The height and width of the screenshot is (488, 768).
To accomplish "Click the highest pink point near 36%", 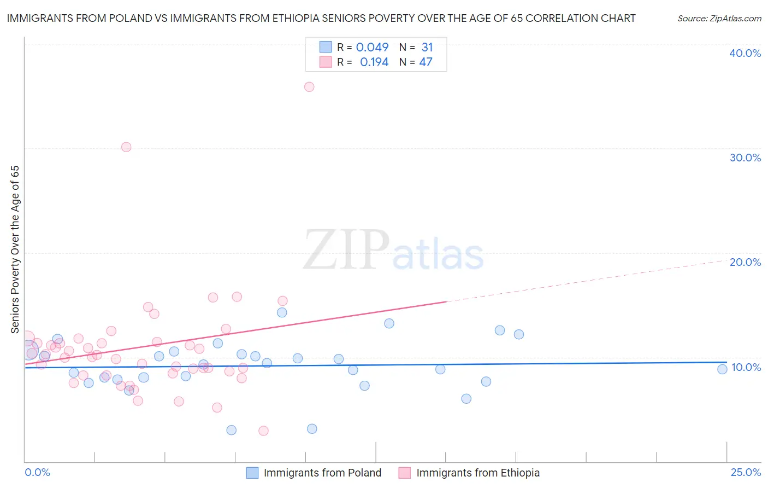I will tap(309, 86).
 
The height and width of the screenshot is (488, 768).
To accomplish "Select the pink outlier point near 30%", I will tap(126, 147).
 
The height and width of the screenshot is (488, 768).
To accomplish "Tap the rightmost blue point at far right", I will tap(722, 369).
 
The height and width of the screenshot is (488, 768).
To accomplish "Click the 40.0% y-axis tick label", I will tap(745, 53).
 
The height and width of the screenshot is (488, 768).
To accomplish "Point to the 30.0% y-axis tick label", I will tap(745, 158).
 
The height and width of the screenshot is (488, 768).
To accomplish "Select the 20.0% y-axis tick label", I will tap(745, 262).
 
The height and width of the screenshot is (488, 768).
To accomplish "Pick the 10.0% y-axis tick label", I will tap(746, 367).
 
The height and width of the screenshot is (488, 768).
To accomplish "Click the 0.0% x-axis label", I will tap(38, 472).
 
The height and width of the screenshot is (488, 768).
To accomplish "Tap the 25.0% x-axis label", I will tap(746, 472).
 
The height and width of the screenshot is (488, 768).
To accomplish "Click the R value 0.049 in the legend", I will tap(372, 48).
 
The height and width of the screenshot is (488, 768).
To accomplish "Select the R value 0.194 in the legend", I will tap(374, 62).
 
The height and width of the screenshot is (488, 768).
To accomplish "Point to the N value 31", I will tap(427, 48).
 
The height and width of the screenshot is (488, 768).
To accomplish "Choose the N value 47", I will tap(426, 62).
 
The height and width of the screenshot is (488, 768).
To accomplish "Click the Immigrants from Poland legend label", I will tap(322, 473).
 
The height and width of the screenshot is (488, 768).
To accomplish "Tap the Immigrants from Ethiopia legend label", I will tap(478, 473).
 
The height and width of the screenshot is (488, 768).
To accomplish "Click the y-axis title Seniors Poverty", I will tap(15, 249).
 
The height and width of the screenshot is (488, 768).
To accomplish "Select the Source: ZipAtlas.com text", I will tap(719, 19).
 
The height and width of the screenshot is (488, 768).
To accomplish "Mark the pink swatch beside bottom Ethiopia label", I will tap(404, 473).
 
